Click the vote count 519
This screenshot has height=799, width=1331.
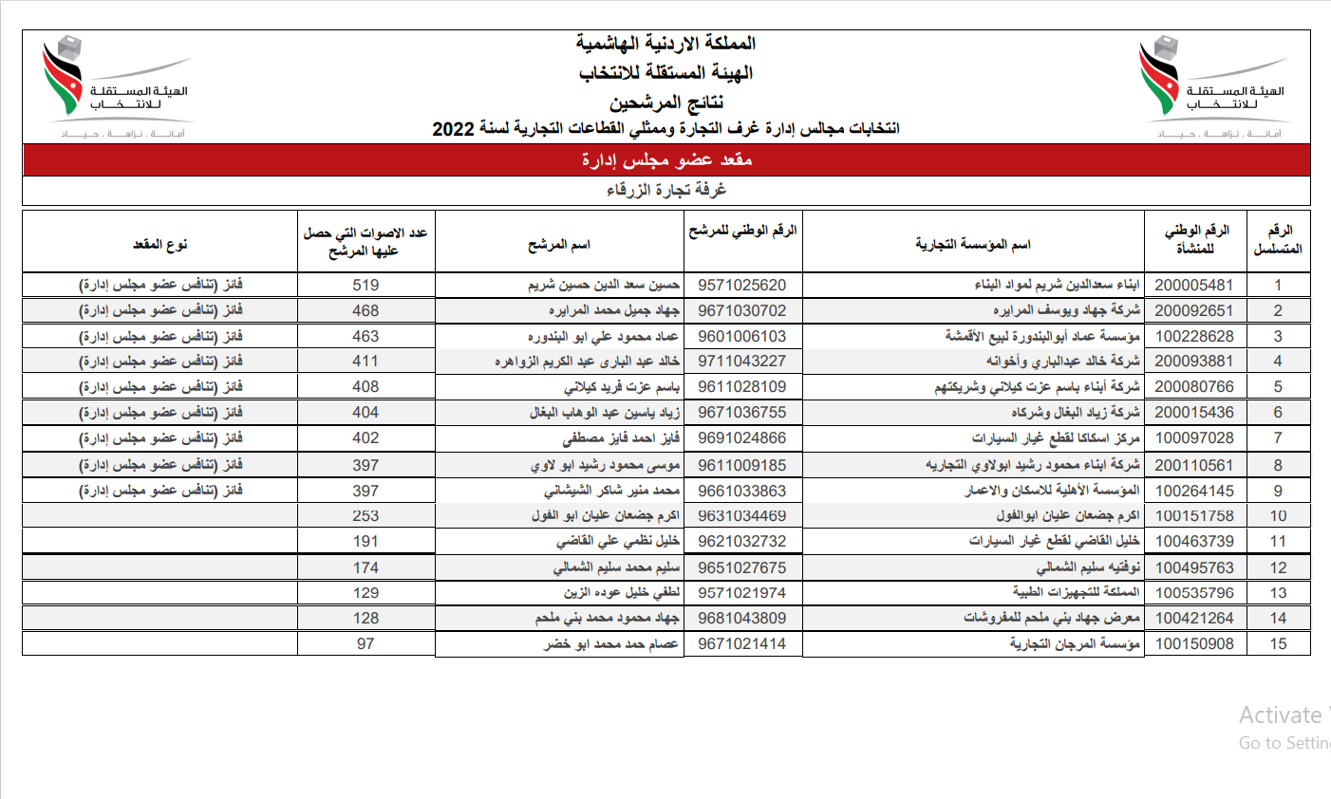tap(366, 285)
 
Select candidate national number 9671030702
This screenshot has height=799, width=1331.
tap(741, 310)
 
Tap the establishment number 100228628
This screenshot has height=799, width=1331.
tap(1194, 336)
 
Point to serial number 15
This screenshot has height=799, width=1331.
tap(1278, 643)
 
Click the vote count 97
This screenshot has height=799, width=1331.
tap(366, 643)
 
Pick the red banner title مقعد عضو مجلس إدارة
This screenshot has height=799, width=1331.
tap(666, 159)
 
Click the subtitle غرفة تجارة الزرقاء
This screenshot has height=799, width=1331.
tap(666, 190)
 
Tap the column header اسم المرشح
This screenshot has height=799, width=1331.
tap(559, 245)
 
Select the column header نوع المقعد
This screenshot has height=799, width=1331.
tap(160, 245)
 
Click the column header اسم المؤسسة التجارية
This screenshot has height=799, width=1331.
tap(973, 245)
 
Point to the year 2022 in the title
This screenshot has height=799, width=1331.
tap(453, 129)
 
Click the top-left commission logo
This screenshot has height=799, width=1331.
tap(116, 87)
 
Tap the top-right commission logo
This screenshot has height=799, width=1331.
tap(1212, 87)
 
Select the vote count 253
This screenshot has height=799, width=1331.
tap(366, 515)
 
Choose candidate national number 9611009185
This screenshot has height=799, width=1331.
tap(741, 465)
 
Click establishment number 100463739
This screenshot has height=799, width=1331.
tap(1194, 541)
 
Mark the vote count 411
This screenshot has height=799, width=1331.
tap(366, 362)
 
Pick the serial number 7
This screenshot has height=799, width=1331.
tap(1278, 437)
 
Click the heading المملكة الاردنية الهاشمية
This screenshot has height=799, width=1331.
tap(665, 44)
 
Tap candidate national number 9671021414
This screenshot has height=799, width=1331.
tap(741, 643)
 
